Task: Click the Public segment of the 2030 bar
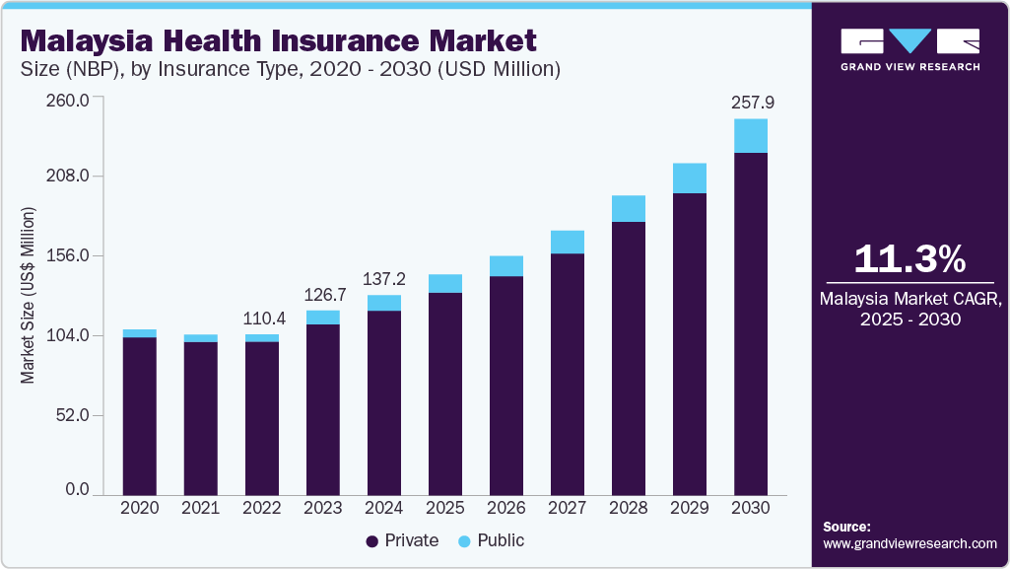click(751, 136)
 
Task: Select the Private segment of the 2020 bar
click(140, 415)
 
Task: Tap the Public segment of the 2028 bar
click(629, 208)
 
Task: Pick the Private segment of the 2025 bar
click(445, 393)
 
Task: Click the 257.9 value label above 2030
click(751, 102)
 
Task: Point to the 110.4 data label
click(262, 319)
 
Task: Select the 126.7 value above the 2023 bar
click(323, 294)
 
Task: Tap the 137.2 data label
click(384, 279)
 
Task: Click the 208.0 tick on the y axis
click(70, 177)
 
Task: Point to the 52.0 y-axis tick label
click(74, 415)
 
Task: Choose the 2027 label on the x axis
click(568, 508)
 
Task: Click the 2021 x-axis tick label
click(201, 508)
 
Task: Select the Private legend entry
click(402, 541)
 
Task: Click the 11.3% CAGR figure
click(909, 259)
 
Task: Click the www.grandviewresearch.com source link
click(909, 543)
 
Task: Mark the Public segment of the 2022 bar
click(262, 338)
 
